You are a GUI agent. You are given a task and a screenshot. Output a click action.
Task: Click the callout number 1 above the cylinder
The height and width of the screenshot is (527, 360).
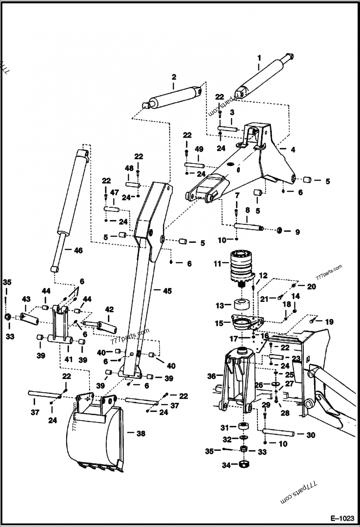[x=259, y=58]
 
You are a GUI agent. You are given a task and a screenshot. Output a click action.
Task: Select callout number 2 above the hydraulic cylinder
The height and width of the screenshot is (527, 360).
[x=174, y=77]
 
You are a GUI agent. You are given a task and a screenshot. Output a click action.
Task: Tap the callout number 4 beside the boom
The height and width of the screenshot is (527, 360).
[x=292, y=150]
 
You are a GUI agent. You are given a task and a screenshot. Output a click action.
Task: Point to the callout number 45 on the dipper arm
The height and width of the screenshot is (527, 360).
[x=167, y=291]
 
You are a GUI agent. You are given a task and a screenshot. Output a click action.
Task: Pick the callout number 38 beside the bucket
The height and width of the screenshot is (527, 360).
[x=140, y=434]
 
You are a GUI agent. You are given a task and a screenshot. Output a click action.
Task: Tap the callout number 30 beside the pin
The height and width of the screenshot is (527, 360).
[x=310, y=435]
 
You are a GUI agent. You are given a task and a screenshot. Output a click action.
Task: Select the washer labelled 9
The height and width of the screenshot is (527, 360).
[x=279, y=231]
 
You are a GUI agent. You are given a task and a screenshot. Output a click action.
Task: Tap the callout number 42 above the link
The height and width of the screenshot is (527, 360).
[x=109, y=309]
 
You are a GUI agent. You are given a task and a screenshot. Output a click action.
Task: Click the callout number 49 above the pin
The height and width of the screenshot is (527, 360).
[x=199, y=150]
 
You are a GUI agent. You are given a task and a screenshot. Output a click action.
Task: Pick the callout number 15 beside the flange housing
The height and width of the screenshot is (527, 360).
[x=220, y=323]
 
